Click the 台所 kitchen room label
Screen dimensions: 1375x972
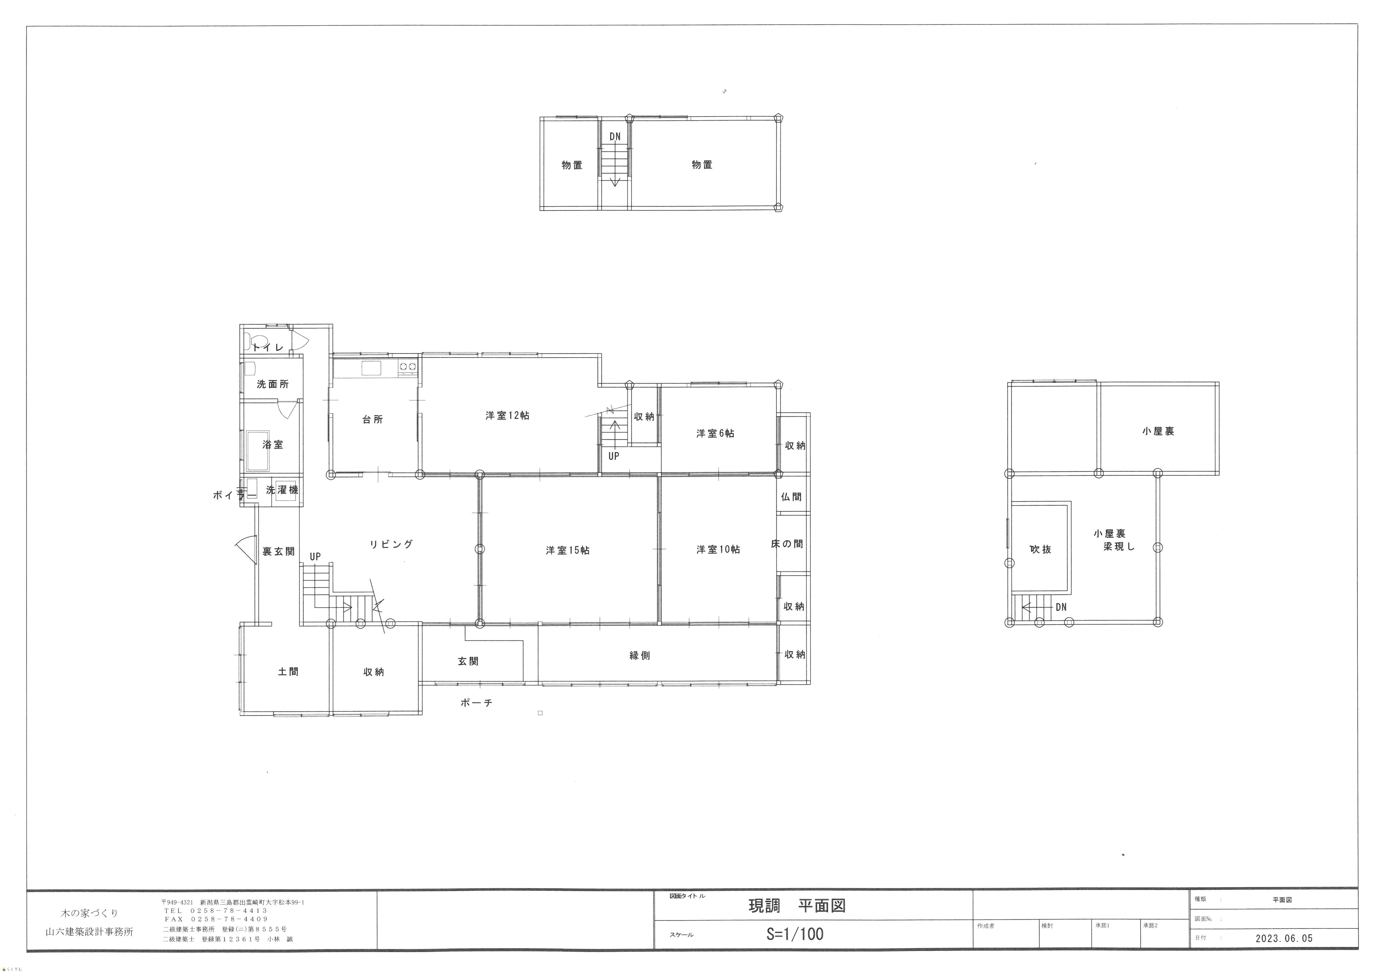pos(373,419)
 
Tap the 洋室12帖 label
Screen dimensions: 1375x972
pos(507,415)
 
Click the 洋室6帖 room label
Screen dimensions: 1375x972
pos(715,433)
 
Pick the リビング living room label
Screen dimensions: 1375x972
pos(391,544)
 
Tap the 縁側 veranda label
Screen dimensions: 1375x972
pos(640,655)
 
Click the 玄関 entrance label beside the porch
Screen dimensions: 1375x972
pos(468,661)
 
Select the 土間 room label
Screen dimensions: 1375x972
pos(288,671)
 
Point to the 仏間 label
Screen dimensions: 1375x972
pos(791,496)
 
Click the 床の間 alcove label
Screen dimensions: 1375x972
pos(787,544)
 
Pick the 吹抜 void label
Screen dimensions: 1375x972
pos(1040,549)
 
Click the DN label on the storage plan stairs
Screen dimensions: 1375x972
pos(615,137)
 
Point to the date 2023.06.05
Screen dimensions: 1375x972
pos(1284,938)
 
